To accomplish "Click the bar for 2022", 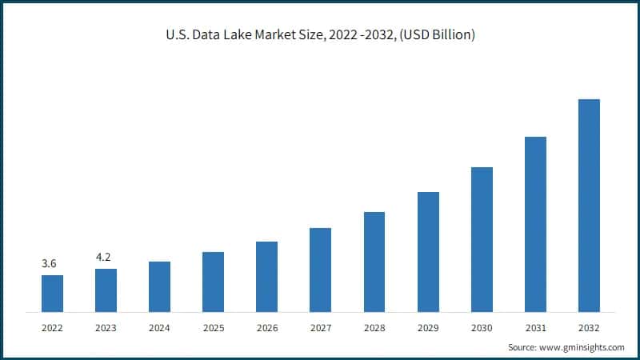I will (52, 293).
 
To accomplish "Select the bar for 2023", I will (106, 290).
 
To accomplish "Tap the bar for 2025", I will (213, 282).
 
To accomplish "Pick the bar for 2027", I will (320, 270).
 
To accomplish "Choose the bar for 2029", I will (428, 252).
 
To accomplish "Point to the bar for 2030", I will (482, 239).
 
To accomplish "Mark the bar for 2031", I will (535, 224).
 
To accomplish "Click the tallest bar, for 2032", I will (589, 206).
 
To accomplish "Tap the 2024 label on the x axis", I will (159, 327).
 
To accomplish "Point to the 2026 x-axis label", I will (266, 327).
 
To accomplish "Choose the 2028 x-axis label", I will (374, 327).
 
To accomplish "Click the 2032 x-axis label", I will (589, 327).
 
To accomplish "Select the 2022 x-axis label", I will (52, 327).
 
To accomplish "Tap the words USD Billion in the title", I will (440, 36).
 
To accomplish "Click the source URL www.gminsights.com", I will (582, 347).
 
